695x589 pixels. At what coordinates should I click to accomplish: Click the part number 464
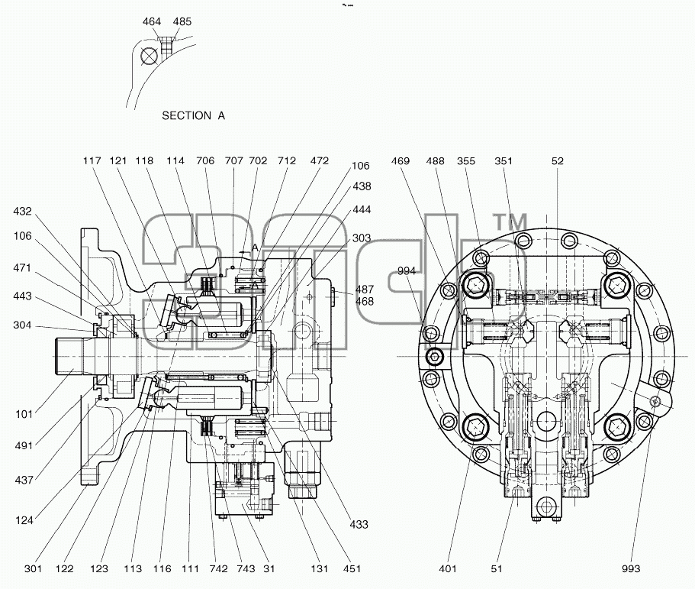click(152, 21)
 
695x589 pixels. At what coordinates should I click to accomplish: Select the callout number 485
click(182, 21)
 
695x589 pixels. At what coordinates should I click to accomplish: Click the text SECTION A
click(193, 116)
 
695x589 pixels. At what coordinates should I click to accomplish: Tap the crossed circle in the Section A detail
click(149, 56)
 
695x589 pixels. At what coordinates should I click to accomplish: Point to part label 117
click(92, 160)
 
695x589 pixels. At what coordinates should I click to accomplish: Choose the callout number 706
click(205, 160)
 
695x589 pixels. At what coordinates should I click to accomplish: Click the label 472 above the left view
click(320, 160)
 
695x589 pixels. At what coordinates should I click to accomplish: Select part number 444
click(362, 209)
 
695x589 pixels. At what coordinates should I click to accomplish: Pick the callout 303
click(362, 238)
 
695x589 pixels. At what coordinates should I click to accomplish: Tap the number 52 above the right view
click(558, 160)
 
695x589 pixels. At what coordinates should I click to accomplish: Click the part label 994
click(407, 270)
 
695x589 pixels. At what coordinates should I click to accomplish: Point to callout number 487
click(365, 290)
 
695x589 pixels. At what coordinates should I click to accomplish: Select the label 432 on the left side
click(23, 212)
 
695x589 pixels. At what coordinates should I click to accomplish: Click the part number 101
click(24, 415)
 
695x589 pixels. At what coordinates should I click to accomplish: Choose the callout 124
click(24, 520)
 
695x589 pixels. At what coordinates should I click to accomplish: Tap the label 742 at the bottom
click(218, 569)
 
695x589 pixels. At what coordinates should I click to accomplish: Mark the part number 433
click(359, 525)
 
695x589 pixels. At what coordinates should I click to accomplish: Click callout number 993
click(631, 569)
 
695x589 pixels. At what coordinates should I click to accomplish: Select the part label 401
click(448, 569)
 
